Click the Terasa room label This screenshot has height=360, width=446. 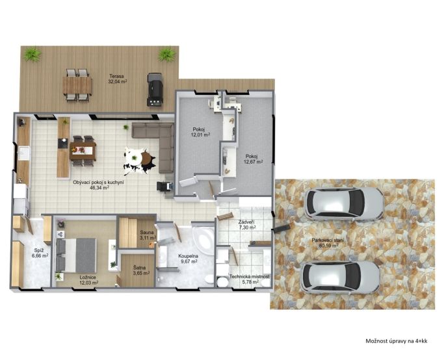116,76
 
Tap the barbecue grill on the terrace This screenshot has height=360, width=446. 155,90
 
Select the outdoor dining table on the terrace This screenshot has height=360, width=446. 77,86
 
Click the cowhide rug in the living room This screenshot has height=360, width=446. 140,161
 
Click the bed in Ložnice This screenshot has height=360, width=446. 76,255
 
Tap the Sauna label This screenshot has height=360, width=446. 147,233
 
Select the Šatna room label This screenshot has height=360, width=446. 140,268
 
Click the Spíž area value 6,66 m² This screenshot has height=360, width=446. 40,255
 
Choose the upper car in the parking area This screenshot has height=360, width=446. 343,203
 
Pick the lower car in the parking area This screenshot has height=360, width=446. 340,277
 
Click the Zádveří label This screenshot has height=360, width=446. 246,223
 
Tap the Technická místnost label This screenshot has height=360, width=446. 250,276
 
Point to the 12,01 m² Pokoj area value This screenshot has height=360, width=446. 200,135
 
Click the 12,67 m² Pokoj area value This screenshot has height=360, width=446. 253,162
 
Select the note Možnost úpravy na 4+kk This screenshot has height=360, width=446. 396,341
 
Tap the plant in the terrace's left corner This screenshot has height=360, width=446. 32,54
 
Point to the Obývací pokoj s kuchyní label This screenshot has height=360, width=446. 98,183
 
